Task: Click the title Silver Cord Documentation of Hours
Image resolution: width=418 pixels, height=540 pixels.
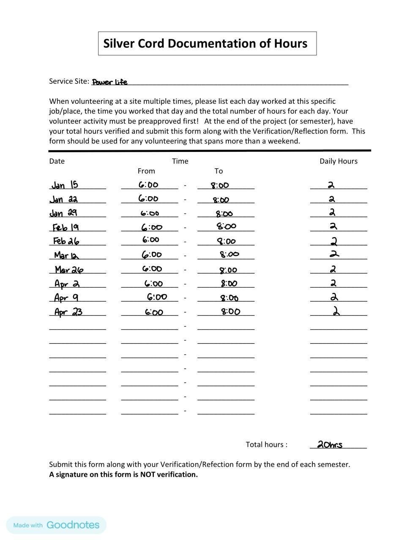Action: click(x=205, y=43)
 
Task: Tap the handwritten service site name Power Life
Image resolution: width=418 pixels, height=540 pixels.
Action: click(x=109, y=82)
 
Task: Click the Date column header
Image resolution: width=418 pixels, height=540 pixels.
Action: click(x=57, y=161)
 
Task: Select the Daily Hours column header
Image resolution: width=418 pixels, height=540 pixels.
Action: click(x=338, y=161)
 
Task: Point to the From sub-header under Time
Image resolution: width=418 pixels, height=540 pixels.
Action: click(x=146, y=171)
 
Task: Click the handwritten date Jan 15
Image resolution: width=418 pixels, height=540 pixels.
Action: click(x=65, y=185)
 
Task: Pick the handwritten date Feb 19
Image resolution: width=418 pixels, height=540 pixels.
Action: click(x=66, y=227)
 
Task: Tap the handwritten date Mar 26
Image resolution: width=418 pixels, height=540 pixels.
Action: click(x=69, y=270)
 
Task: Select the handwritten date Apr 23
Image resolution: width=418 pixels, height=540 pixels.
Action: click(x=68, y=312)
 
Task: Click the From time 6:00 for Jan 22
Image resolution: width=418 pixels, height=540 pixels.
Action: click(x=148, y=199)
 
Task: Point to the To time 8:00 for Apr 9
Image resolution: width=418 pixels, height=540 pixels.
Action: click(x=229, y=298)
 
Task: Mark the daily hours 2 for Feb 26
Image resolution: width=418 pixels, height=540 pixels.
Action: click(x=334, y=242)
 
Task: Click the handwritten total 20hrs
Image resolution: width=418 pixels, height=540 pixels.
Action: click(x=330, y=445)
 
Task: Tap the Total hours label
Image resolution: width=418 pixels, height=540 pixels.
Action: click(x=266, y=445)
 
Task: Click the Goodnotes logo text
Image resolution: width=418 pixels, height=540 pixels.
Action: click(x=73, y=525)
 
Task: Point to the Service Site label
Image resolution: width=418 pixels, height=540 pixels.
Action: click(x=69, y=81)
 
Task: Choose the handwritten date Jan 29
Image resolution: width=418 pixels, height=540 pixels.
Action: click(x=63, y=213)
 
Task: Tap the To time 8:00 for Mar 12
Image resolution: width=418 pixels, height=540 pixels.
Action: click(x=229, y=254)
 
